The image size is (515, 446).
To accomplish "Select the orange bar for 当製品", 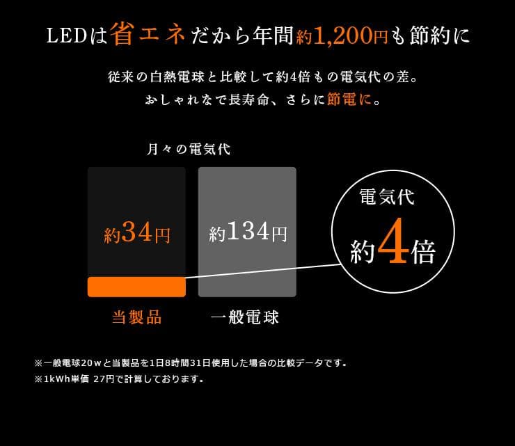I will (136, 287).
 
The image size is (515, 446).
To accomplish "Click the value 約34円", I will (136, 234).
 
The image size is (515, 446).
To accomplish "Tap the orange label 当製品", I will (136, 318).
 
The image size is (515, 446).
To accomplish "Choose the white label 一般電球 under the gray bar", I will (245, 318).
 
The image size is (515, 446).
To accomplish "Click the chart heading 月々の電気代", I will (188, 149).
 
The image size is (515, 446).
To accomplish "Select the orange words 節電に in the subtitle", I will (349, 99).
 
